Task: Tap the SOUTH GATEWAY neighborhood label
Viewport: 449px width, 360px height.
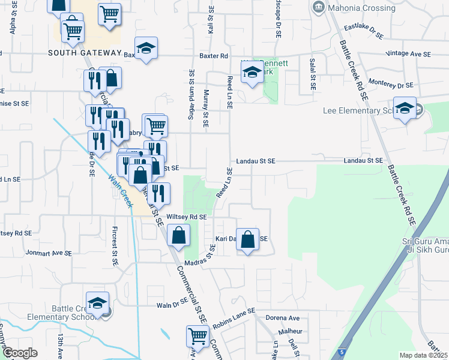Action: pyautogui.click(x=85, y=53)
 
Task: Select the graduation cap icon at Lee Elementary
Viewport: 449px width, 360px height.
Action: pyautogui.click(x=405, y=109)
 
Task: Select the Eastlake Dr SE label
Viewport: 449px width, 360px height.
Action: pyautogui.click(x=363, y=32)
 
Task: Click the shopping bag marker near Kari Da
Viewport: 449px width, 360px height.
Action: pyautogui.click(x=247, y=238)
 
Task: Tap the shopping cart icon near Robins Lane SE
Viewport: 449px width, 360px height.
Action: pyautogui.click(x=197, y=335)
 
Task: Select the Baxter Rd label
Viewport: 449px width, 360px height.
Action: pyautogui.click(x=215, y=56)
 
